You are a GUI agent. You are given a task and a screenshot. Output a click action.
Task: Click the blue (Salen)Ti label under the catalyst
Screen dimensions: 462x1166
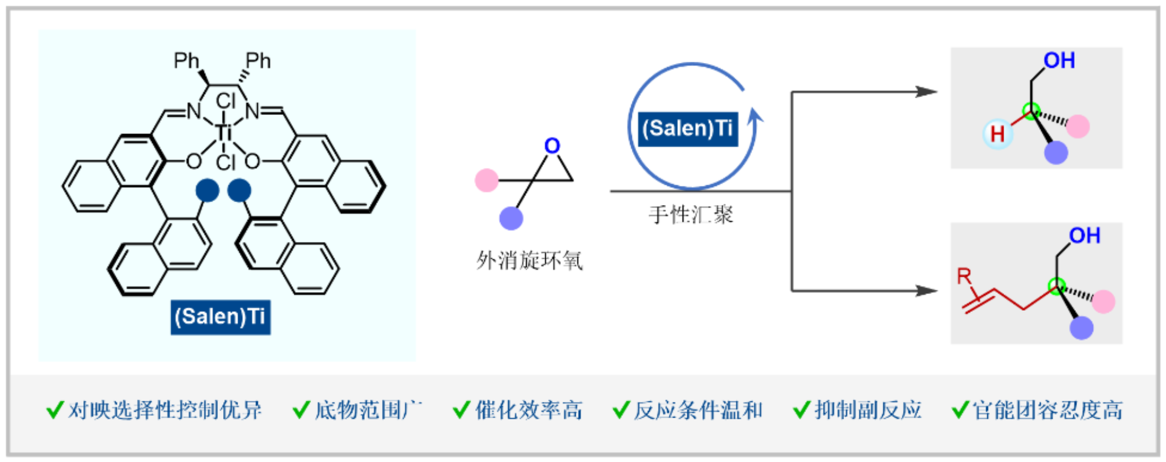pos(220,316)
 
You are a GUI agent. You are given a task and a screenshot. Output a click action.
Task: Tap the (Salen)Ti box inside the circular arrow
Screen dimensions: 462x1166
pos(688,128)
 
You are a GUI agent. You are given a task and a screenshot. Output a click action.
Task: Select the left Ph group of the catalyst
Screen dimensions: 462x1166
pos(186,61)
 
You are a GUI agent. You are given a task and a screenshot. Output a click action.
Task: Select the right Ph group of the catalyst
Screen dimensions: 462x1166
pos(258,61)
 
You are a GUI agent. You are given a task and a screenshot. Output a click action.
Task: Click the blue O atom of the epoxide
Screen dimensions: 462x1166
pos(552,146)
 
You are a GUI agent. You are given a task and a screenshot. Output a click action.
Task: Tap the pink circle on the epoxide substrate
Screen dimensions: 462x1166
pos(487,180)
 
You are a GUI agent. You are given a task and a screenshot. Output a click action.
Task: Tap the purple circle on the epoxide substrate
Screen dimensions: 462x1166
pos(511,218)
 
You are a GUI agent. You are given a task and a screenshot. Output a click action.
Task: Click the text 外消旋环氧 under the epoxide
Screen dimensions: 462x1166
pos(529,260)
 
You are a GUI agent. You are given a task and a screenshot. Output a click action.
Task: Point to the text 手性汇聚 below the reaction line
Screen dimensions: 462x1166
pos(690,215)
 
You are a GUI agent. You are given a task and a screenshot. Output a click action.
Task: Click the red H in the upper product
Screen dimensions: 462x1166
pos(997,135)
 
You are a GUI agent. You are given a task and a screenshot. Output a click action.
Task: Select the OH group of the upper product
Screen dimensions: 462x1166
pos(1059,61)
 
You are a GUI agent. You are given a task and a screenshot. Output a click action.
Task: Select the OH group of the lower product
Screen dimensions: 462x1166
pos(1084,236)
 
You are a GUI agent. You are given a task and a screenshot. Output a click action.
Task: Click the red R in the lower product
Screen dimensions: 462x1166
pos(964,276)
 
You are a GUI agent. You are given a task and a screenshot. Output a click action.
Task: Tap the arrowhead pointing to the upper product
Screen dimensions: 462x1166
pos(927,92)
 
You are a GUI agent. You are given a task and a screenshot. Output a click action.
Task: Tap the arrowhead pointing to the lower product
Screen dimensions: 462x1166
pos(927,290)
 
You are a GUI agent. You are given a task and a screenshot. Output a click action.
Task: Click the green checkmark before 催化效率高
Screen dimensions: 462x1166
pos(461,410)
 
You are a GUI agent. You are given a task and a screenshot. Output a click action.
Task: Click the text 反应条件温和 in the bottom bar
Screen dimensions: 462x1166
pos(698,410)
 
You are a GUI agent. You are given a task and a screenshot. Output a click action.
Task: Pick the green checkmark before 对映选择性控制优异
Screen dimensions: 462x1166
pos(55,410)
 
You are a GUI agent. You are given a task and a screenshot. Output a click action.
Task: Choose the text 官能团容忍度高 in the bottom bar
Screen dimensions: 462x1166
pos(1047,410)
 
